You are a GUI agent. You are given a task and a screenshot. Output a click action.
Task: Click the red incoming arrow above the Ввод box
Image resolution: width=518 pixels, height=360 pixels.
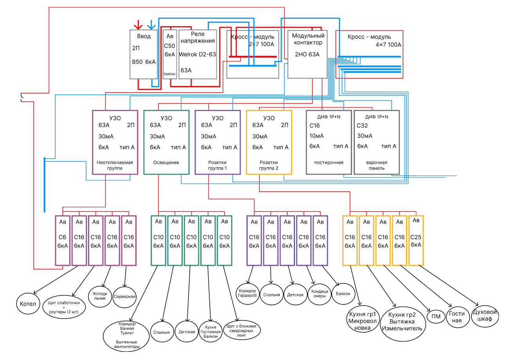138,25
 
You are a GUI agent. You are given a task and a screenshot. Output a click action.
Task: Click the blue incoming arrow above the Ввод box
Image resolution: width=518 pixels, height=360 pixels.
151,25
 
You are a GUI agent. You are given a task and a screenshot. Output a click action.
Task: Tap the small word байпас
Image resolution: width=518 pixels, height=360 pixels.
170,74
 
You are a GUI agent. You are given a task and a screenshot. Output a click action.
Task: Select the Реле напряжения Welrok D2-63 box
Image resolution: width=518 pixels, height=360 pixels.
198,54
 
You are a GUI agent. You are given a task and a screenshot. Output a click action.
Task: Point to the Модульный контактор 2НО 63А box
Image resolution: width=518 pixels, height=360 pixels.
307,54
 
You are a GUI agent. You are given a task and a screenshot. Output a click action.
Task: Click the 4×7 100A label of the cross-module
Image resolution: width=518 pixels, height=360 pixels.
388,45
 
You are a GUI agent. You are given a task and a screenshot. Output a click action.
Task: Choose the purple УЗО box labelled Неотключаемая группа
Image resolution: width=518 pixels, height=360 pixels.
115,142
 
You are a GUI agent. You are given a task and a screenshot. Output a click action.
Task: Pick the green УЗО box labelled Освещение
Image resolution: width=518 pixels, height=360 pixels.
166,142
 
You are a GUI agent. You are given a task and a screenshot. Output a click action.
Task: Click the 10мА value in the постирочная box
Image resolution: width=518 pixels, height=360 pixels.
317,136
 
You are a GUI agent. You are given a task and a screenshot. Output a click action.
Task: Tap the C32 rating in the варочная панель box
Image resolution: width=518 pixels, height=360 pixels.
362,125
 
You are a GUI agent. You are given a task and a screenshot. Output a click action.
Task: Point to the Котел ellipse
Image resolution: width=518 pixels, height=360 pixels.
28,304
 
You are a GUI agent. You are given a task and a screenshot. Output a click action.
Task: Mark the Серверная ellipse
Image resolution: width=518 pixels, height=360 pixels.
124,296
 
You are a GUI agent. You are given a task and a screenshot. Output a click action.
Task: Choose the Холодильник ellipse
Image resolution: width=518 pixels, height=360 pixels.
100,296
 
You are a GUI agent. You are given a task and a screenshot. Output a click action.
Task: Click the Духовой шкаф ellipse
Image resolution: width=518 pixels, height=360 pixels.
485,315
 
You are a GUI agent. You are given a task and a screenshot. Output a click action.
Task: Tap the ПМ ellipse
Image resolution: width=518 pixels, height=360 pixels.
436,316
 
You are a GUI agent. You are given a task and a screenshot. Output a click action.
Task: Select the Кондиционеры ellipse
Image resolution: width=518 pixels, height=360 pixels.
319,294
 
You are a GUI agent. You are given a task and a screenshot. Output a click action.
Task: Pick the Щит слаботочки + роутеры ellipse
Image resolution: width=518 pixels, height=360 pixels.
64,307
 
